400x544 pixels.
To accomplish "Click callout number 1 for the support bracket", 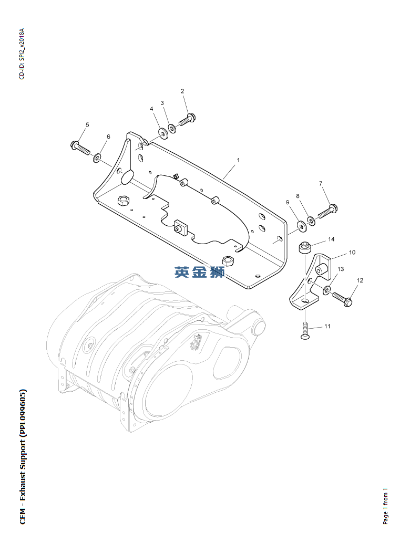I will coord(238,160).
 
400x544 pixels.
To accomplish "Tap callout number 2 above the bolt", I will coord(182,91).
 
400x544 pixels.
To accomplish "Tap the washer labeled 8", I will coord(311,219).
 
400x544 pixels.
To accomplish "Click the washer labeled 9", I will coord(301,225).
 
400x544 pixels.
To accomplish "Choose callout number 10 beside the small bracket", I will coord(352,253).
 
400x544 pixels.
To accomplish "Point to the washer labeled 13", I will coord(327,289).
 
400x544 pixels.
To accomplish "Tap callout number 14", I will coord(331,239).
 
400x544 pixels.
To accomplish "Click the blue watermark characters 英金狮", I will coord(200,272).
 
